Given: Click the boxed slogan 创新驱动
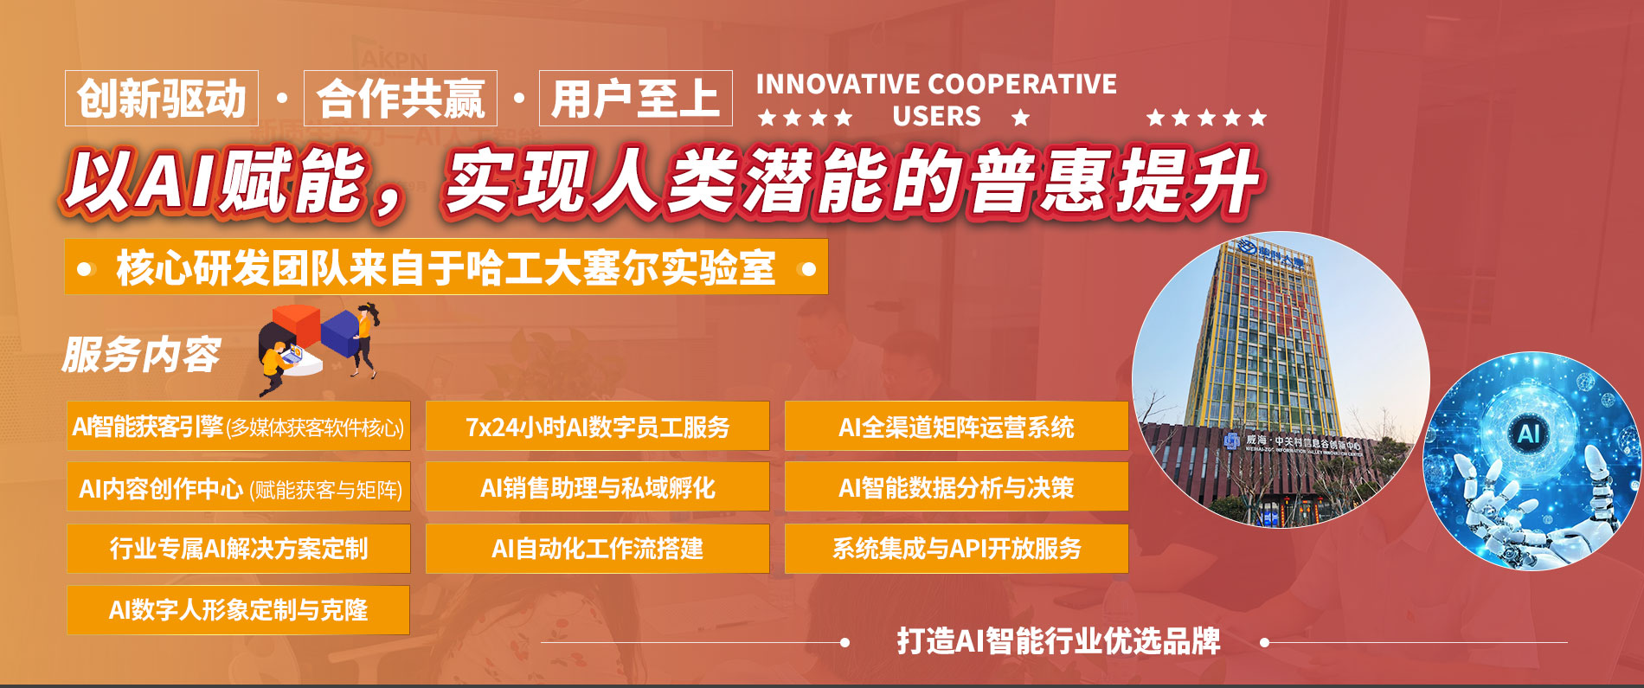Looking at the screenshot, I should point(162,99).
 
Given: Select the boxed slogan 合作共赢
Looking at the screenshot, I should point(401,99).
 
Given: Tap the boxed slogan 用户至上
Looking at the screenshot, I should point(635,99).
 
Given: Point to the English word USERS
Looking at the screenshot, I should point(936,117).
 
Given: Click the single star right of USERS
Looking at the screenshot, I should point(1021,118).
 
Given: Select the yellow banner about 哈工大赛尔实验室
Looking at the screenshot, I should point(446,267).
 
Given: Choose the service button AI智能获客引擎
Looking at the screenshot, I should point(238,427).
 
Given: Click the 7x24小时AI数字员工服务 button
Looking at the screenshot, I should point(597,427).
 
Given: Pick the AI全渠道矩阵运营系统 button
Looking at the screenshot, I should point(956,427).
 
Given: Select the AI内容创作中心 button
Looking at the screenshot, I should point(238,488).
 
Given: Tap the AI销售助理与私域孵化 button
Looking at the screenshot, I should point(597,487).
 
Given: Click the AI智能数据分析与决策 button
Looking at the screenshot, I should point(956,487).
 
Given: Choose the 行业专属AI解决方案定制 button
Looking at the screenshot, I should point(238,549).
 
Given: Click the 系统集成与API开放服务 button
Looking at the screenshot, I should point(956,549).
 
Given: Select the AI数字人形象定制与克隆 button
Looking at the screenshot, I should point(238,610).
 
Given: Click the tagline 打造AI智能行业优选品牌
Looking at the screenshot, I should point(1058,641).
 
